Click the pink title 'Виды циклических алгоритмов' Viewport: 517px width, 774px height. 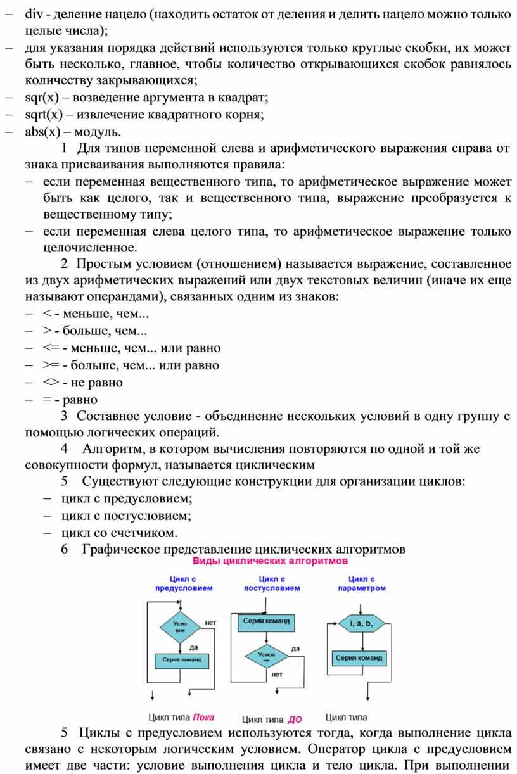tap(270, 561)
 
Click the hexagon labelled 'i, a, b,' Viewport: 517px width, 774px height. tap(361, 624)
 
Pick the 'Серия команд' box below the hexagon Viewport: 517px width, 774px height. tap(359, 658)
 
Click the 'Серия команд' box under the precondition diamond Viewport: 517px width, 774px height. tap(182, 659)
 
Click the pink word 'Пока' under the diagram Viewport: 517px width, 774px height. tap(203, 717)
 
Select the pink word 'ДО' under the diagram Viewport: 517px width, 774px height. tap(295, 720)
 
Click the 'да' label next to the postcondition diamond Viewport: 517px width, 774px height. tap(295, 648)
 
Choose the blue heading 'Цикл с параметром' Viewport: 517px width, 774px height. tap(362, 583)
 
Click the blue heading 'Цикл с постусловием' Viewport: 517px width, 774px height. tap(272, 583)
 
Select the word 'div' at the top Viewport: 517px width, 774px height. tap(32, 13)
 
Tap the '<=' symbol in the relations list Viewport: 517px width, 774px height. tap(50, 348)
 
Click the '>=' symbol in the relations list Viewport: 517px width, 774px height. tap(50, 365)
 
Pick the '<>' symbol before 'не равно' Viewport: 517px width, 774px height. tap(50, 383)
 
